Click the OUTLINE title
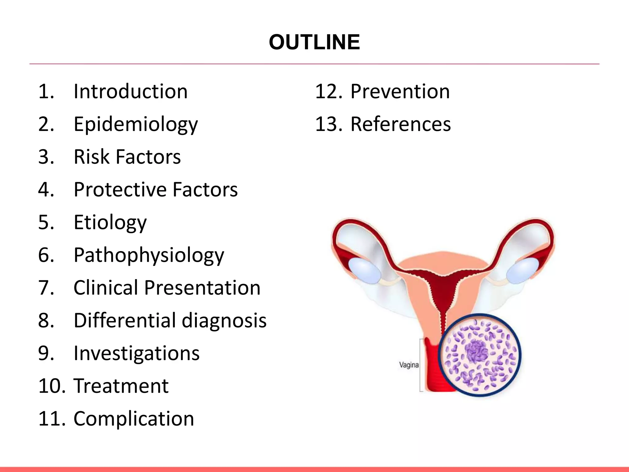click(x=314, y=42)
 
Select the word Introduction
click(x=131, y=92)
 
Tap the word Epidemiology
click(x=136, y=124)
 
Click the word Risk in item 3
click(x=91, y=157)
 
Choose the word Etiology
click(x=110, y=222)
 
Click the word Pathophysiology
click(x=149, y=255)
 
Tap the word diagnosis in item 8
click(x=224, y=321)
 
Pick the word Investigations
click(x=137, y=353)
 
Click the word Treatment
click(x=121, y=386)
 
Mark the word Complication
click(x=134, y=419)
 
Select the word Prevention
click(x=400, y=92)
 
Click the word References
click(x=400, y=124)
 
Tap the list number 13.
click(x=328, y=124)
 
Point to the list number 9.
click(x=46, y=353)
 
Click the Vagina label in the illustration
click(x=409, y=365)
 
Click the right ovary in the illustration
click(x=522, y=270)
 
